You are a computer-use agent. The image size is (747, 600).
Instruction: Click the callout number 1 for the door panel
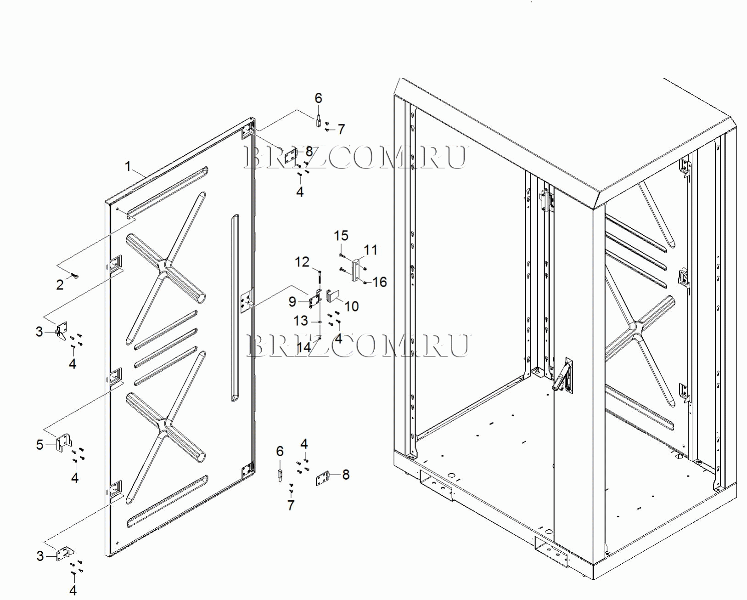[x=128, y=166]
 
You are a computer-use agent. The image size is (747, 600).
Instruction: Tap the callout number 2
[x=60, y=285]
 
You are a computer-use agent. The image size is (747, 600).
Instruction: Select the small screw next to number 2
[x=75, y=276]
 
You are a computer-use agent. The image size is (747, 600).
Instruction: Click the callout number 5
[x=39, y=445]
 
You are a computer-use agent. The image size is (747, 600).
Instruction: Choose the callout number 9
[x=292, y=301]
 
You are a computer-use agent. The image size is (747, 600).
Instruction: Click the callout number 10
[x=351, y=306]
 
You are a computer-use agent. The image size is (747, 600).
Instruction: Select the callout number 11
[x=371, y=250]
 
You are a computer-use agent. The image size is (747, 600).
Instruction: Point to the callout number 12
[x=302, y=262]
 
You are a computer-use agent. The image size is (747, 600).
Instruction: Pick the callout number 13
[x=301, y=321]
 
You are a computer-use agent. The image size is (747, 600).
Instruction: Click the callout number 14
[x=304, y=347]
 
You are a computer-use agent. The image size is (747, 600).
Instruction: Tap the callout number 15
[x=341, y=236]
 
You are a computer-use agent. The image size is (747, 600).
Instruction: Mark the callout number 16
[x=379, y=282]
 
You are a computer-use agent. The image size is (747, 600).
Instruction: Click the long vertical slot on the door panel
[x=235, y=308]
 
